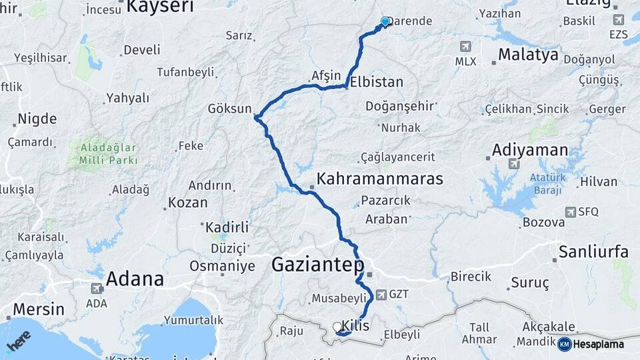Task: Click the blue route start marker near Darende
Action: point(385,22)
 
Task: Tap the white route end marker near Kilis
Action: point(337,327)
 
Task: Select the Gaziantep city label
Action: point(318,265)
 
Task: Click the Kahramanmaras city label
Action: point(380,179)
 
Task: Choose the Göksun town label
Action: point(230,109)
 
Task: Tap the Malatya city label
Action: point(528,55)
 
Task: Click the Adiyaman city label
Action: point(530,150)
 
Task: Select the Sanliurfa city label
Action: point(593,252)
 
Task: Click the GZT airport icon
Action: point(381,294)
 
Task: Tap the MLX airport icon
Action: point(465,47)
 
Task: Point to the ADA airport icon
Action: point(96,289)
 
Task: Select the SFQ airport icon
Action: point(571,212)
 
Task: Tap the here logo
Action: point(18,341)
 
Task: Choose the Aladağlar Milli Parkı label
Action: point(108,153)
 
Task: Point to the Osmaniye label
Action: point(223,266)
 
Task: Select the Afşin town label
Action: point(326,75)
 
